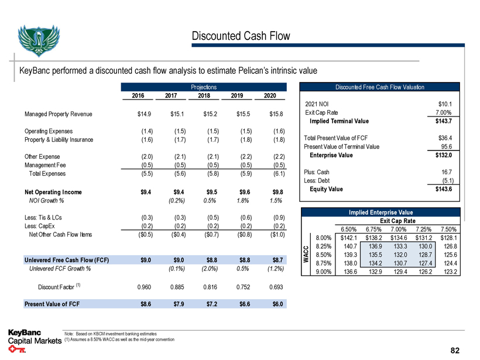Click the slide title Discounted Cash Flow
tap(241, 36)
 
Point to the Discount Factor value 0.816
tap(204, 287)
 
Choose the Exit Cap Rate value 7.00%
tap(448, 112)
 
